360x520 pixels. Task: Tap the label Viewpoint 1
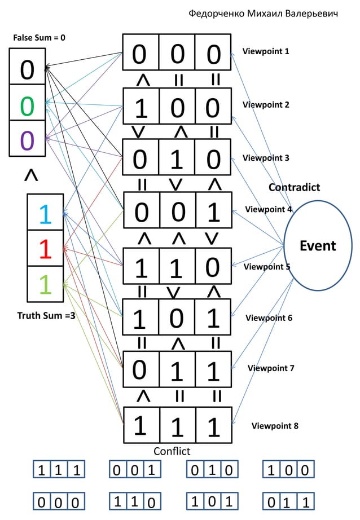coord(266,51)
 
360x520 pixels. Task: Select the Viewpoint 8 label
coord(275,425)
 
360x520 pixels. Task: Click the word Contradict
coord(295,187)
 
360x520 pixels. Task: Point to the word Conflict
coord(172,451)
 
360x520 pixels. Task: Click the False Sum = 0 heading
coord(39,37)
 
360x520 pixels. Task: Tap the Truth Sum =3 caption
coord(46,315)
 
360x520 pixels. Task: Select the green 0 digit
coord(27,106)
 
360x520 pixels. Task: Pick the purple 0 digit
coord(27,140)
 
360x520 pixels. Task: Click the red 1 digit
coord(45,249)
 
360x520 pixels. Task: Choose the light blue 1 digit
coord(45,214)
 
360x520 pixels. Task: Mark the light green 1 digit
coord(45,284)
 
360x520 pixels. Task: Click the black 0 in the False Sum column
coord(27,70)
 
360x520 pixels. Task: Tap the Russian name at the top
coord(263,14)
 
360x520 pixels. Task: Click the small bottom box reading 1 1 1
coord(59,469)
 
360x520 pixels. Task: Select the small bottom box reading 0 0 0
coord(59,501)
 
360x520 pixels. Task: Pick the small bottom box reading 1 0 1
coord(212,501)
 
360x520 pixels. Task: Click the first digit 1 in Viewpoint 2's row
coord(141,108)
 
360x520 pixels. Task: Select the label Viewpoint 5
coord(267,267)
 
